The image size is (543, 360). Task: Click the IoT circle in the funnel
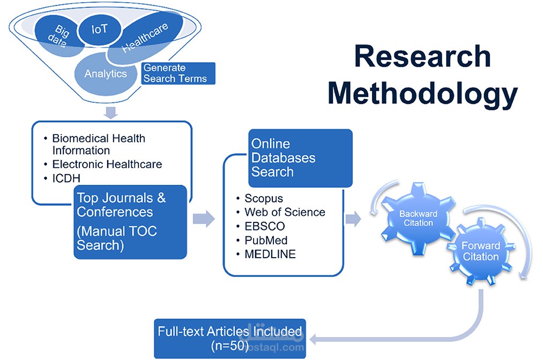point(99,29)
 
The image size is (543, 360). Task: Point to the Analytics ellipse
point(105,74)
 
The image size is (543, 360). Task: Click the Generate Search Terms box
point(177,73)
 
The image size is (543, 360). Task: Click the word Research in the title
point(422,56)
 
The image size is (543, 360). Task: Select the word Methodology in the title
point(422,93)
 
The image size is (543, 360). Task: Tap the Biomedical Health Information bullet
point(98,144)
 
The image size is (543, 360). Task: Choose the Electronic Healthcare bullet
point(107,164)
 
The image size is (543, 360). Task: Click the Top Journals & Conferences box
point(130,221)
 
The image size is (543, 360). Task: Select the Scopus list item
point(264,198)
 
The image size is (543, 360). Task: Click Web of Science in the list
point(285,212)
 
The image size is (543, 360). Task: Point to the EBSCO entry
point(265,226)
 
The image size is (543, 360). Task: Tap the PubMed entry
point(266,240)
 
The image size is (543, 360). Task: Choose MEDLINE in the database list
point(270,254)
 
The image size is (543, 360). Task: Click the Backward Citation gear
point(418,219)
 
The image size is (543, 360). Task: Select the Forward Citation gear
point(480,251)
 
